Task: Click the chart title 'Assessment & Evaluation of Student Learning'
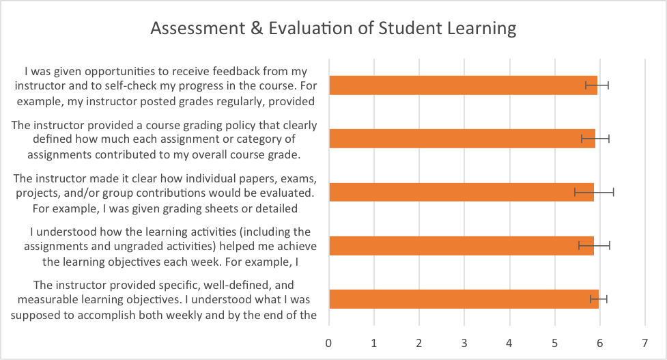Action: click(x=333, y=29)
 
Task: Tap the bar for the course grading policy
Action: click(x=462, y=139)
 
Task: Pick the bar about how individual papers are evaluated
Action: click(x=461, y=192)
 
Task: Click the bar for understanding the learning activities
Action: click(x=461, y=245)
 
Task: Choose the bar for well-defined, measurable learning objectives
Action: click(x=464, y=299)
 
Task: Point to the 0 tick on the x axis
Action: click(x=329, y=341)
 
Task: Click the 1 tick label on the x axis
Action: click(x=374, y=341)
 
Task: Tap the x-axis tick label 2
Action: click(x=419, y=341)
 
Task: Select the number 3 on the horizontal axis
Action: click(x=464, y=341)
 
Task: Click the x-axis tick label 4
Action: click(x=509, y=341)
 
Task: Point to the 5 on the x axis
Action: click(x=554, y=341)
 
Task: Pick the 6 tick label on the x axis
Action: click(x=600, y=341)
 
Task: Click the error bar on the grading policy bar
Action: click(x=595, y=139)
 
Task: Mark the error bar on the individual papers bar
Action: click(x=594, y=192)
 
